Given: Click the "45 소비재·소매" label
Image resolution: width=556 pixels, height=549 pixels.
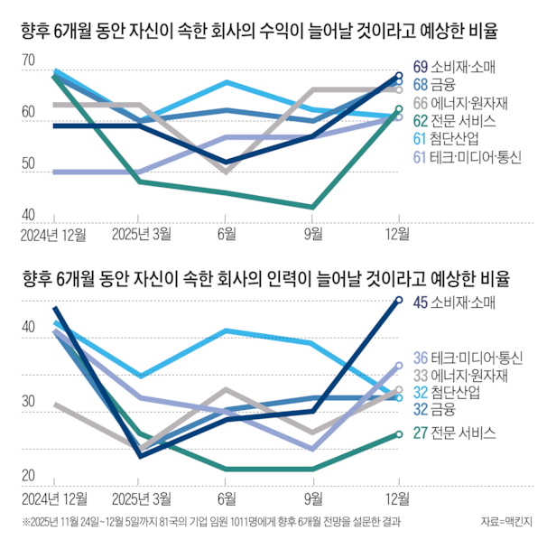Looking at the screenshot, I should (456, 302).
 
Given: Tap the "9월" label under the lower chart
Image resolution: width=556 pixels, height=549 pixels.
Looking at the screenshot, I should (313, 497).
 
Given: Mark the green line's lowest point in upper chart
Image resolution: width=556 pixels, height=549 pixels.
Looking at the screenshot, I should (313, 207).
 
